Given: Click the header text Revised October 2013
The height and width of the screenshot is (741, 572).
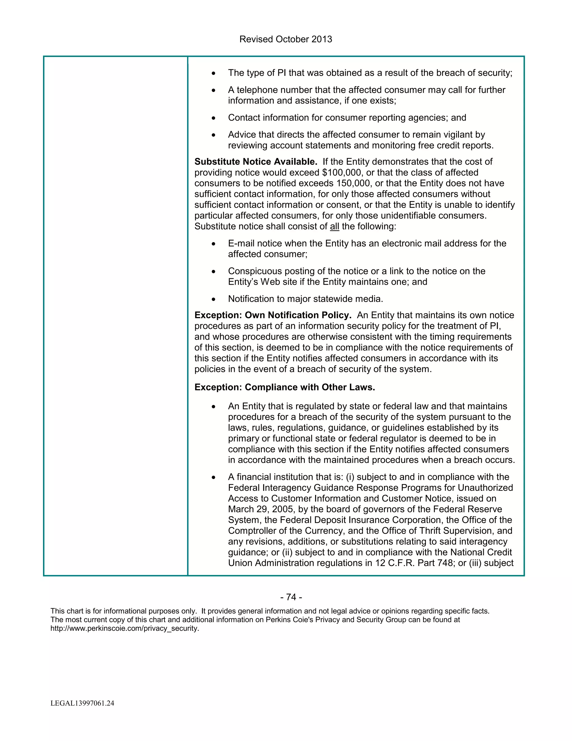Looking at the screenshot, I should click(x=286, y=39).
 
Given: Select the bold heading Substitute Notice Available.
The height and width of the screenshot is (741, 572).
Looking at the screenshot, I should click(x=256, y=162).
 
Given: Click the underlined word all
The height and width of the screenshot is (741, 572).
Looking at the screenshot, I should click(x=334, y=227).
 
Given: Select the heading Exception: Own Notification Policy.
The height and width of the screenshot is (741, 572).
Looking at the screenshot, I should click(x=273, y=315).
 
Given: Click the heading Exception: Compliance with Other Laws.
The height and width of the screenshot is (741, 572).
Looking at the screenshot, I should click(x=285, y=388).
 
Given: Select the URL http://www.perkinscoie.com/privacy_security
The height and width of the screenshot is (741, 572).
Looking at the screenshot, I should click(x=125, y=628).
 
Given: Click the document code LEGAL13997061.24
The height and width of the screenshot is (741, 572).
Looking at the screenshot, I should click(x=82, y=703).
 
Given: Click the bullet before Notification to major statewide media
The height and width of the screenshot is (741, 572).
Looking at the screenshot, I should click(x=213, y=299).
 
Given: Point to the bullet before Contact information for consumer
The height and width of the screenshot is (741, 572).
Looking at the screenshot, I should click(x=213, y=118).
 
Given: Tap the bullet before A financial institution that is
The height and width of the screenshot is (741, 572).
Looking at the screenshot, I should click(x=213, y=478).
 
